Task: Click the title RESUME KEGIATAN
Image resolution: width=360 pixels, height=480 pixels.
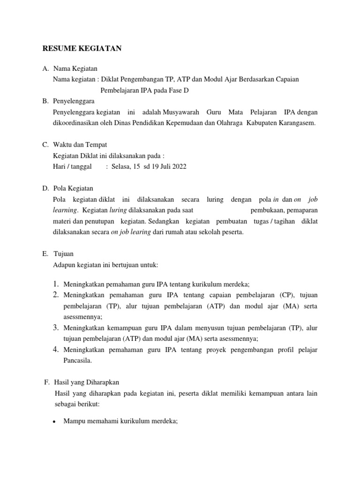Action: point(82,48)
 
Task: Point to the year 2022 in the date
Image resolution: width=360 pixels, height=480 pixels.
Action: point(179,166)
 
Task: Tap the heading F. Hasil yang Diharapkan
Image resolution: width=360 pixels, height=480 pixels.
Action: point(84,382)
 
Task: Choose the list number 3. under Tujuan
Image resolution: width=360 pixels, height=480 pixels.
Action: point(55,328)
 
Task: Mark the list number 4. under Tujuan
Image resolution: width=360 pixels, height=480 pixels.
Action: point(55,350)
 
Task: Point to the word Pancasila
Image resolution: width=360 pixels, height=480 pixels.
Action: point(78,361)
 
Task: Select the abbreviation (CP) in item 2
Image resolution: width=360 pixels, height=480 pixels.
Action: point(286,295)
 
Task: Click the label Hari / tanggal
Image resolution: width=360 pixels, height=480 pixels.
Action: point(73,166)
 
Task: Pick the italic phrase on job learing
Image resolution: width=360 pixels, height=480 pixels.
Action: point(131,232)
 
